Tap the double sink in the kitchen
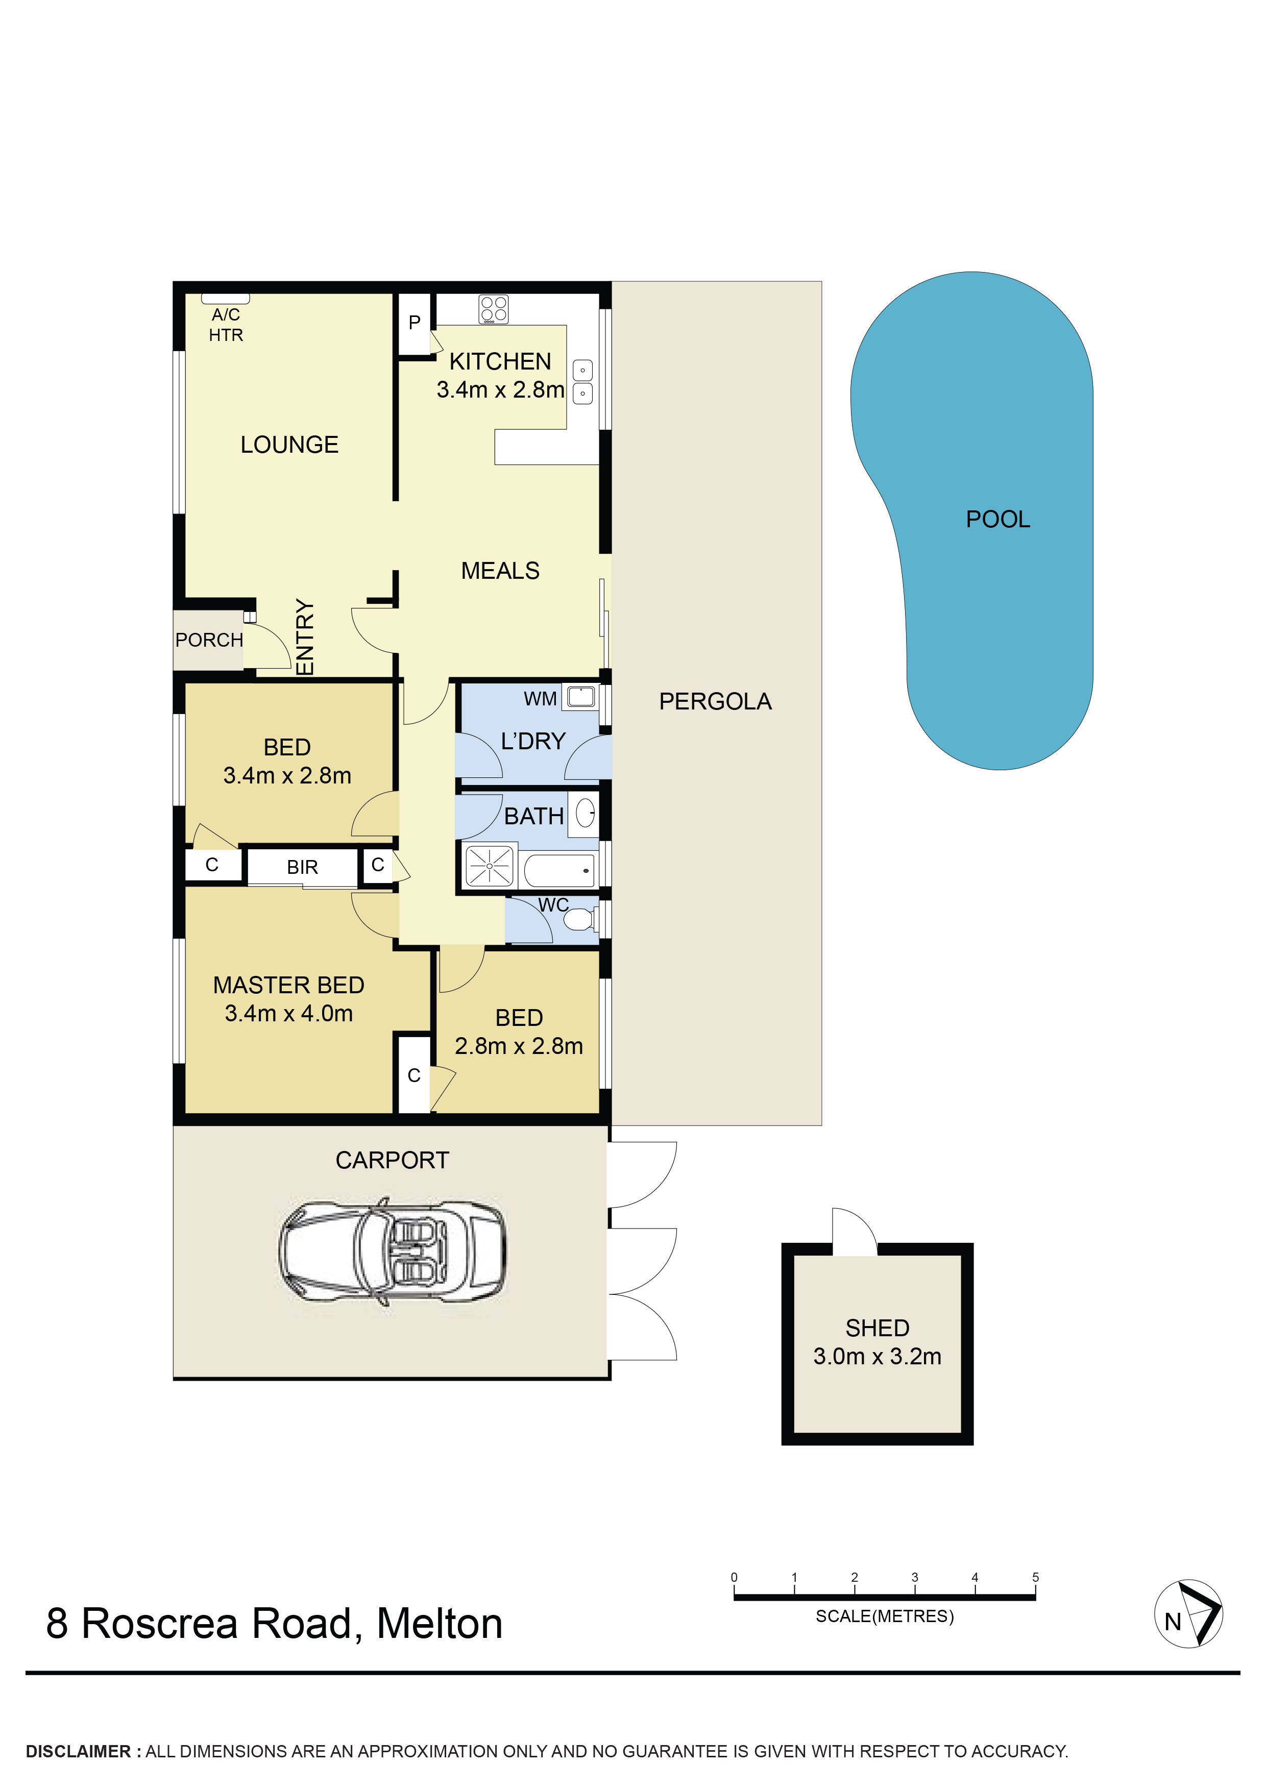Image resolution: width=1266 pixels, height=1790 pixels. [582, 382]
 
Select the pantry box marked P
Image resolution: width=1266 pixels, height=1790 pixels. [415, 322]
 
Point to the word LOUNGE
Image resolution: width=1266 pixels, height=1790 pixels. [289, 445]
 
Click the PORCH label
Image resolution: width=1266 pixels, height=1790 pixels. [209, 640]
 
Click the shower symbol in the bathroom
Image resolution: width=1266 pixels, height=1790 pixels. [490, 866]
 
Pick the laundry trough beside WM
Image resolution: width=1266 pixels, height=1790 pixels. [581, 695]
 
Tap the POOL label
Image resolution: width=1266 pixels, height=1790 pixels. [998, 519]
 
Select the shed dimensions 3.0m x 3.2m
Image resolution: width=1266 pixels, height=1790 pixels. [877, 1357]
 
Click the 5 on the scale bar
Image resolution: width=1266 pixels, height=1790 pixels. [1035, 1577]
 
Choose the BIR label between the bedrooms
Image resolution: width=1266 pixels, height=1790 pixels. [303, 868]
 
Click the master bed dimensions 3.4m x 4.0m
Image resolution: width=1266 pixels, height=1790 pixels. [288, 1014]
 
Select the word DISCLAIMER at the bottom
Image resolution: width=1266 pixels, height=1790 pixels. [78, 1752]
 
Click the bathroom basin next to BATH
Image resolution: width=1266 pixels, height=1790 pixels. [585, 814]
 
